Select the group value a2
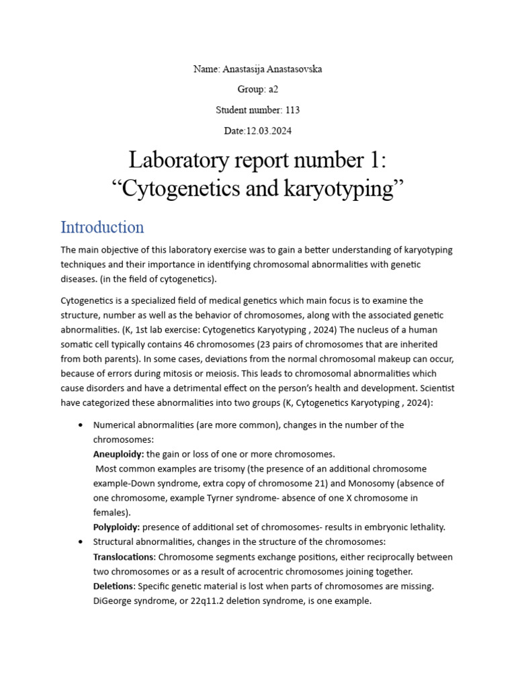(x=273, y=89)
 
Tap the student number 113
(x=292, y=110)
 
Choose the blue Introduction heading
(x=102, y=227)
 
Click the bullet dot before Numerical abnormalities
(x=81, y=425)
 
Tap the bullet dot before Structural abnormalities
(x=81, y=542)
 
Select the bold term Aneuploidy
(x=118, y=454)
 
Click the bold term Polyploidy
(x=116, y=527)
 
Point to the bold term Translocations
(x=124, y=557)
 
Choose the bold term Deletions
(x=114, y=586)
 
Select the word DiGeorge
(x=114, y=601)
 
